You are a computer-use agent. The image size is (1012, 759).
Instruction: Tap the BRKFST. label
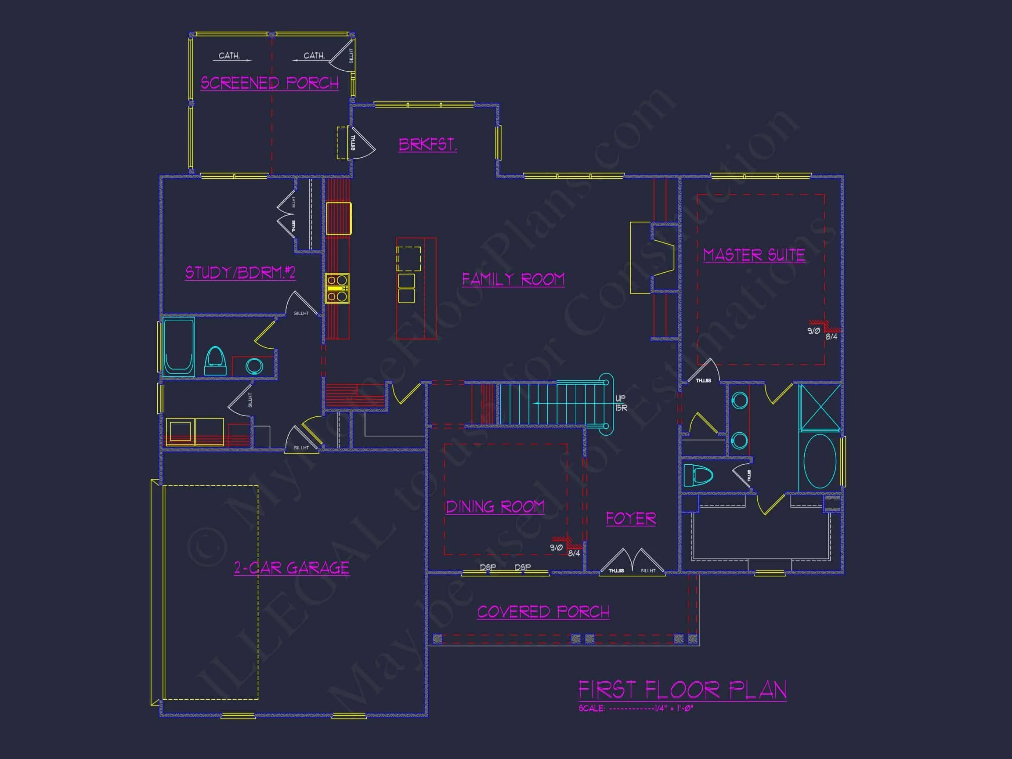point(427,145)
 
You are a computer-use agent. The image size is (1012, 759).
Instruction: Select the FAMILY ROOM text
point(513,279)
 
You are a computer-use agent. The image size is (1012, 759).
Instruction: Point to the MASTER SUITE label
point(754,255)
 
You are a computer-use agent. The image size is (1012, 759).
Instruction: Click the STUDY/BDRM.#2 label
point(240,273)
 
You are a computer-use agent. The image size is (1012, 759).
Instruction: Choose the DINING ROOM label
point(495,507)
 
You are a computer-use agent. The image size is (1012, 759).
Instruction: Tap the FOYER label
point(631,518)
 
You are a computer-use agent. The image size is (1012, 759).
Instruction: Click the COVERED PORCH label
point(543,612)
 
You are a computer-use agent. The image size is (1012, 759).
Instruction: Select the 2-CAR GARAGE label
point(291,568)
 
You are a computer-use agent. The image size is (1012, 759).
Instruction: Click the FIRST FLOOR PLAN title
point(682,690)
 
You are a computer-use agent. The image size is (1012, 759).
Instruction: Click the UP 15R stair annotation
point(621,403)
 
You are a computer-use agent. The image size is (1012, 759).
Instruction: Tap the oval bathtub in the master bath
point(820,461)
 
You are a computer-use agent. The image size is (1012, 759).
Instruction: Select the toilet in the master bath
point(698,475)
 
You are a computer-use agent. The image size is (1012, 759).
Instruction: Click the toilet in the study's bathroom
point(215,361)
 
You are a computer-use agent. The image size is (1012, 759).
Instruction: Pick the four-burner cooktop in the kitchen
point(337,288)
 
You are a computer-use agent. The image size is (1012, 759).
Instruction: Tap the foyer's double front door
point(632,562)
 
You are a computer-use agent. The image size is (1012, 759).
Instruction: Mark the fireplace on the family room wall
point(652,258)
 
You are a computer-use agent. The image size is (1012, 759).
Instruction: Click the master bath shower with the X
point(819,407)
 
